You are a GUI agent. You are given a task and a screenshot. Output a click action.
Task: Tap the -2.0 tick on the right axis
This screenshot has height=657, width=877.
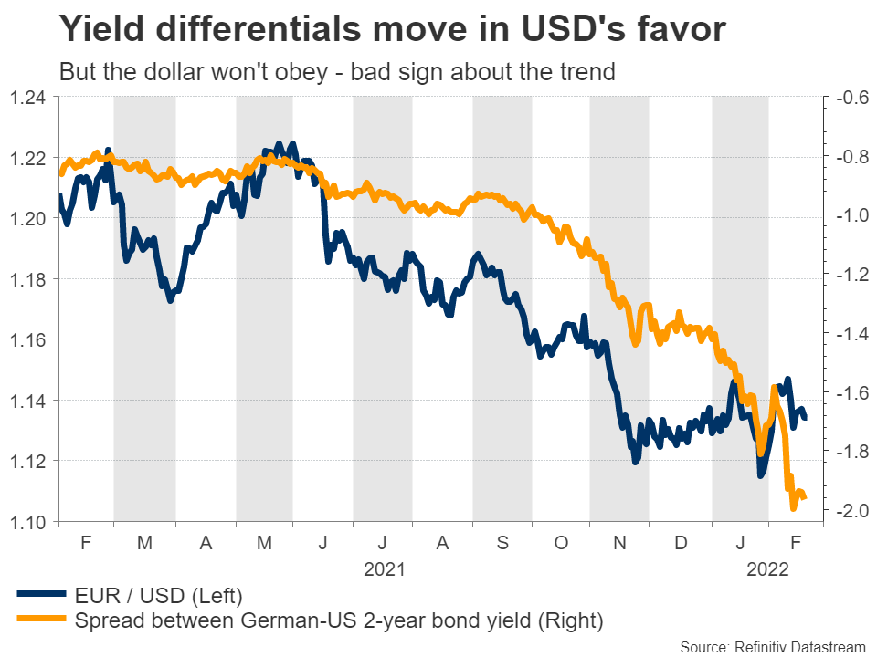pos(848,511)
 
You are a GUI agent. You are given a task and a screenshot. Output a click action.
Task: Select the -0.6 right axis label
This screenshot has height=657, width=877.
pos(848,98)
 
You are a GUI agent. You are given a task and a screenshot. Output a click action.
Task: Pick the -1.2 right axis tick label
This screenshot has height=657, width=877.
pos(848,275)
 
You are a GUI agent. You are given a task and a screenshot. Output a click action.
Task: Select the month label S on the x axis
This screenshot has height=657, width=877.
pos(502,542)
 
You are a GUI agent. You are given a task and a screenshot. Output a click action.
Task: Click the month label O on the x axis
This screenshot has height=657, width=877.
pos(561,542)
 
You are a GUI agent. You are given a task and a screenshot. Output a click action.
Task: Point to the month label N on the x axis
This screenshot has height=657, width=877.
pos(619,542)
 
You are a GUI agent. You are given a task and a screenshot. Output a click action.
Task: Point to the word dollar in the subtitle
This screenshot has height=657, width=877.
pos(164,72)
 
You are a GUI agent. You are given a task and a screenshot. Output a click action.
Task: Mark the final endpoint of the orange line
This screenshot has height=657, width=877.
pos(803,496)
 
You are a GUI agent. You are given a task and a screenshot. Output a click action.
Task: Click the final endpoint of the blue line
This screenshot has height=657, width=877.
pos(804,418)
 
